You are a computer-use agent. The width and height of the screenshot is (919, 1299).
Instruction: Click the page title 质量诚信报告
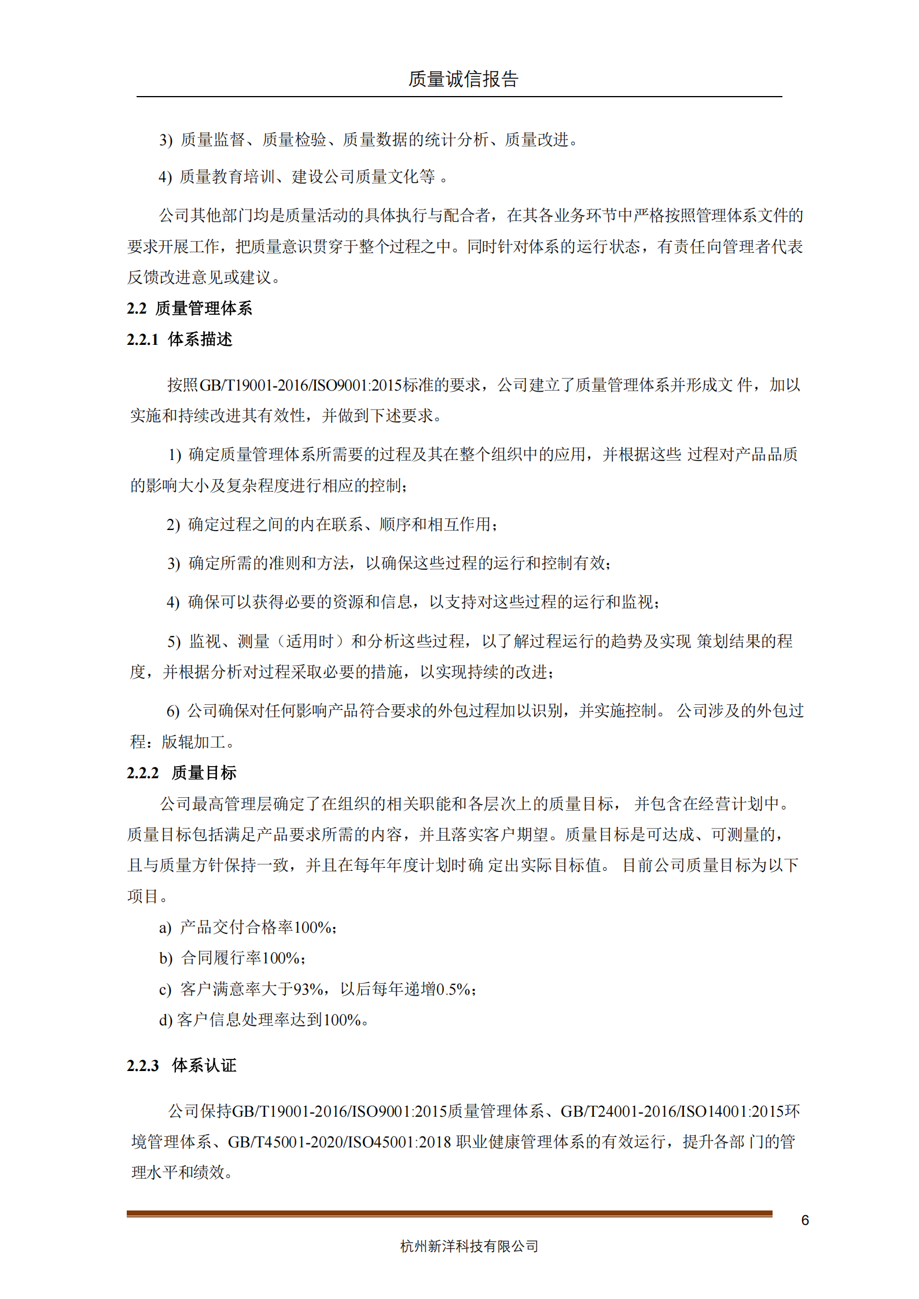(x=463, y=79)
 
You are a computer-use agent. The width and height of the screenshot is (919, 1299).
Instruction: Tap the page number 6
(x=804, y=1220)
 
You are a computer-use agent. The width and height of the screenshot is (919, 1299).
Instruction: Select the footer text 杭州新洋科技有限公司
(x=469, y=1246)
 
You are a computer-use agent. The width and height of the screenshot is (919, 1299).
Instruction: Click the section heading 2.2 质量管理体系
(x=189, y=308)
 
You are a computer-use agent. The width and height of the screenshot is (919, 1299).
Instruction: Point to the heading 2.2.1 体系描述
(x=179, y=340)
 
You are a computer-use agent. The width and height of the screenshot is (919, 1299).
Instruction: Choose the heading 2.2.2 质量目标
(x=182, y=772)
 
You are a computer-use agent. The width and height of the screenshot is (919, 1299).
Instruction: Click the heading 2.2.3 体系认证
(x=182, y=1065)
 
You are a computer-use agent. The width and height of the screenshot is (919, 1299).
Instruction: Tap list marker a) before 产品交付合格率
(x=165, y=928)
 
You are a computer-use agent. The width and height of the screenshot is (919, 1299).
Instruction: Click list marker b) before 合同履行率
(x=166, y=958)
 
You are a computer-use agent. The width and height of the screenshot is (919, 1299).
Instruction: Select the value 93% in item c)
(x=308, y=989)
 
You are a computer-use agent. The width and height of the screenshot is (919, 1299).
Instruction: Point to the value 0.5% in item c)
(x=453, y=989)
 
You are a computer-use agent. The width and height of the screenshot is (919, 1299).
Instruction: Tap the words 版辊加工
(x=193, y=742)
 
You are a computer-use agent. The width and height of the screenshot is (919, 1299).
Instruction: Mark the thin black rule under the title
(x=459, y=97)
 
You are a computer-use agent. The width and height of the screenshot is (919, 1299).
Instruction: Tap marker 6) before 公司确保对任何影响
(x=173, y=711)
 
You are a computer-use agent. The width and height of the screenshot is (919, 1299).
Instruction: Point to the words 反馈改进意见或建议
(x=200, y=278)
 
